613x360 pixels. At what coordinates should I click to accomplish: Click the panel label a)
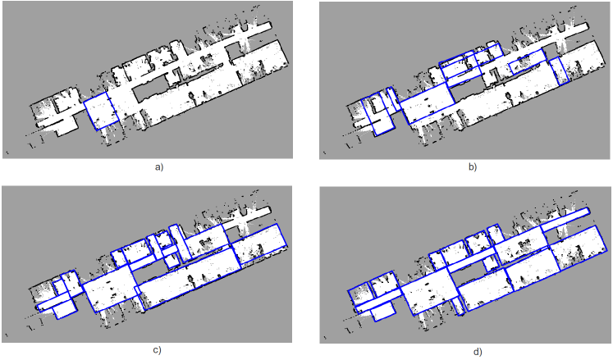coord(158,167)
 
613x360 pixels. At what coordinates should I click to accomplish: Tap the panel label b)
coord(473,167)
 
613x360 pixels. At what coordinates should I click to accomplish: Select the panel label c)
coord(157,350)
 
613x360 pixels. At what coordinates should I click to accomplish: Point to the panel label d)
coord(478,352)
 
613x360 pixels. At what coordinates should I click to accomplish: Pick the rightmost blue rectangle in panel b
coord(559,71)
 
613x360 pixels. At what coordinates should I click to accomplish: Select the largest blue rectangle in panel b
coord(428,103)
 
